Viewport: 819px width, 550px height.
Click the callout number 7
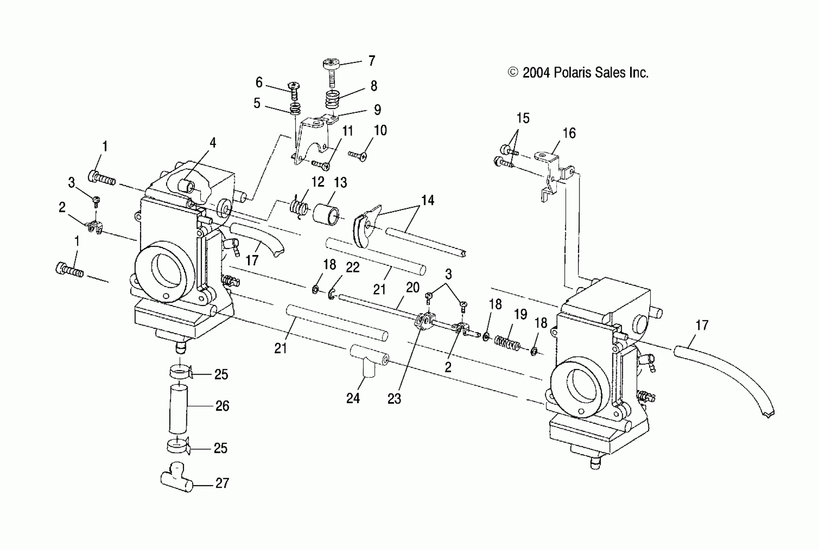coord(372,61)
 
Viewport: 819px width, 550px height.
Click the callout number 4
coord(213,143)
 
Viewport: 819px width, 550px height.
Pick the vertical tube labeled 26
coord(178,409)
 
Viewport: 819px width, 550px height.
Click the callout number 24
coord(353,398)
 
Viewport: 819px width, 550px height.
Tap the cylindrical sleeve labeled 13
coord(326,214)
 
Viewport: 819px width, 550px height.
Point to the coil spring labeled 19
coord(507,343)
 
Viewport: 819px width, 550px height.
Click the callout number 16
coord(569,133)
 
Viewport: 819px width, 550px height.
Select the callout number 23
coord(394,399)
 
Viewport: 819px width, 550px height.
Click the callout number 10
coord(380,130)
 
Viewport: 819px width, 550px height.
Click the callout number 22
coord(353,268)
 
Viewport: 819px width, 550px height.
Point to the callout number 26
coord(222,406)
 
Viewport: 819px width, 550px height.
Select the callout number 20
coord(413,288)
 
